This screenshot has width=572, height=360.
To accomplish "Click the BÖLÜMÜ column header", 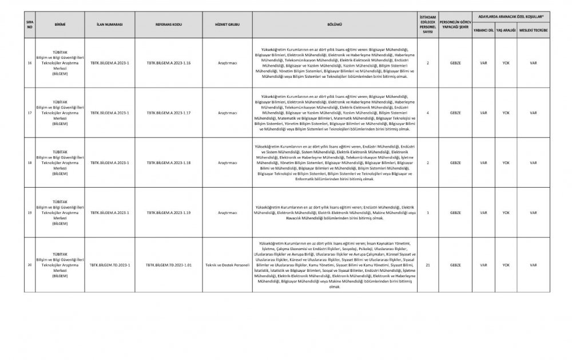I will pyautogui.click(x=334, y=26).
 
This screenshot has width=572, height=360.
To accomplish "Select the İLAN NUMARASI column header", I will pyautogui.click(x=110, y=26).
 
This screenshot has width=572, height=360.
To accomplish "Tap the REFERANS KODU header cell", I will pyautogui.click(x=169, y=26).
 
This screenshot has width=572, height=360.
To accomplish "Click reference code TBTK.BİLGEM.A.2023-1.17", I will pyautogui.click(x=169, y=113).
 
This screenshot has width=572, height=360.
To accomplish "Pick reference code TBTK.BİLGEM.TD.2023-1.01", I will pyautogui.click(x=169, y=266).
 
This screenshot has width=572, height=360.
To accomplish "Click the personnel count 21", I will pyautogui.click(x=428, y=266).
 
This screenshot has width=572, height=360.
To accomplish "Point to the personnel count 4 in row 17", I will pyautogui.click(x=428, y=113).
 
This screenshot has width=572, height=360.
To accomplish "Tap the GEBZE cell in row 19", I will pyautogui.click(x=455, y=212).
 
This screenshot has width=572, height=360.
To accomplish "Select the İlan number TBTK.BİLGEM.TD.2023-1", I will pyautogui.click(x=110, y=266).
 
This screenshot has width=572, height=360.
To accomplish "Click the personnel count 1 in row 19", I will pyautogui.click(x=428, y=212).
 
